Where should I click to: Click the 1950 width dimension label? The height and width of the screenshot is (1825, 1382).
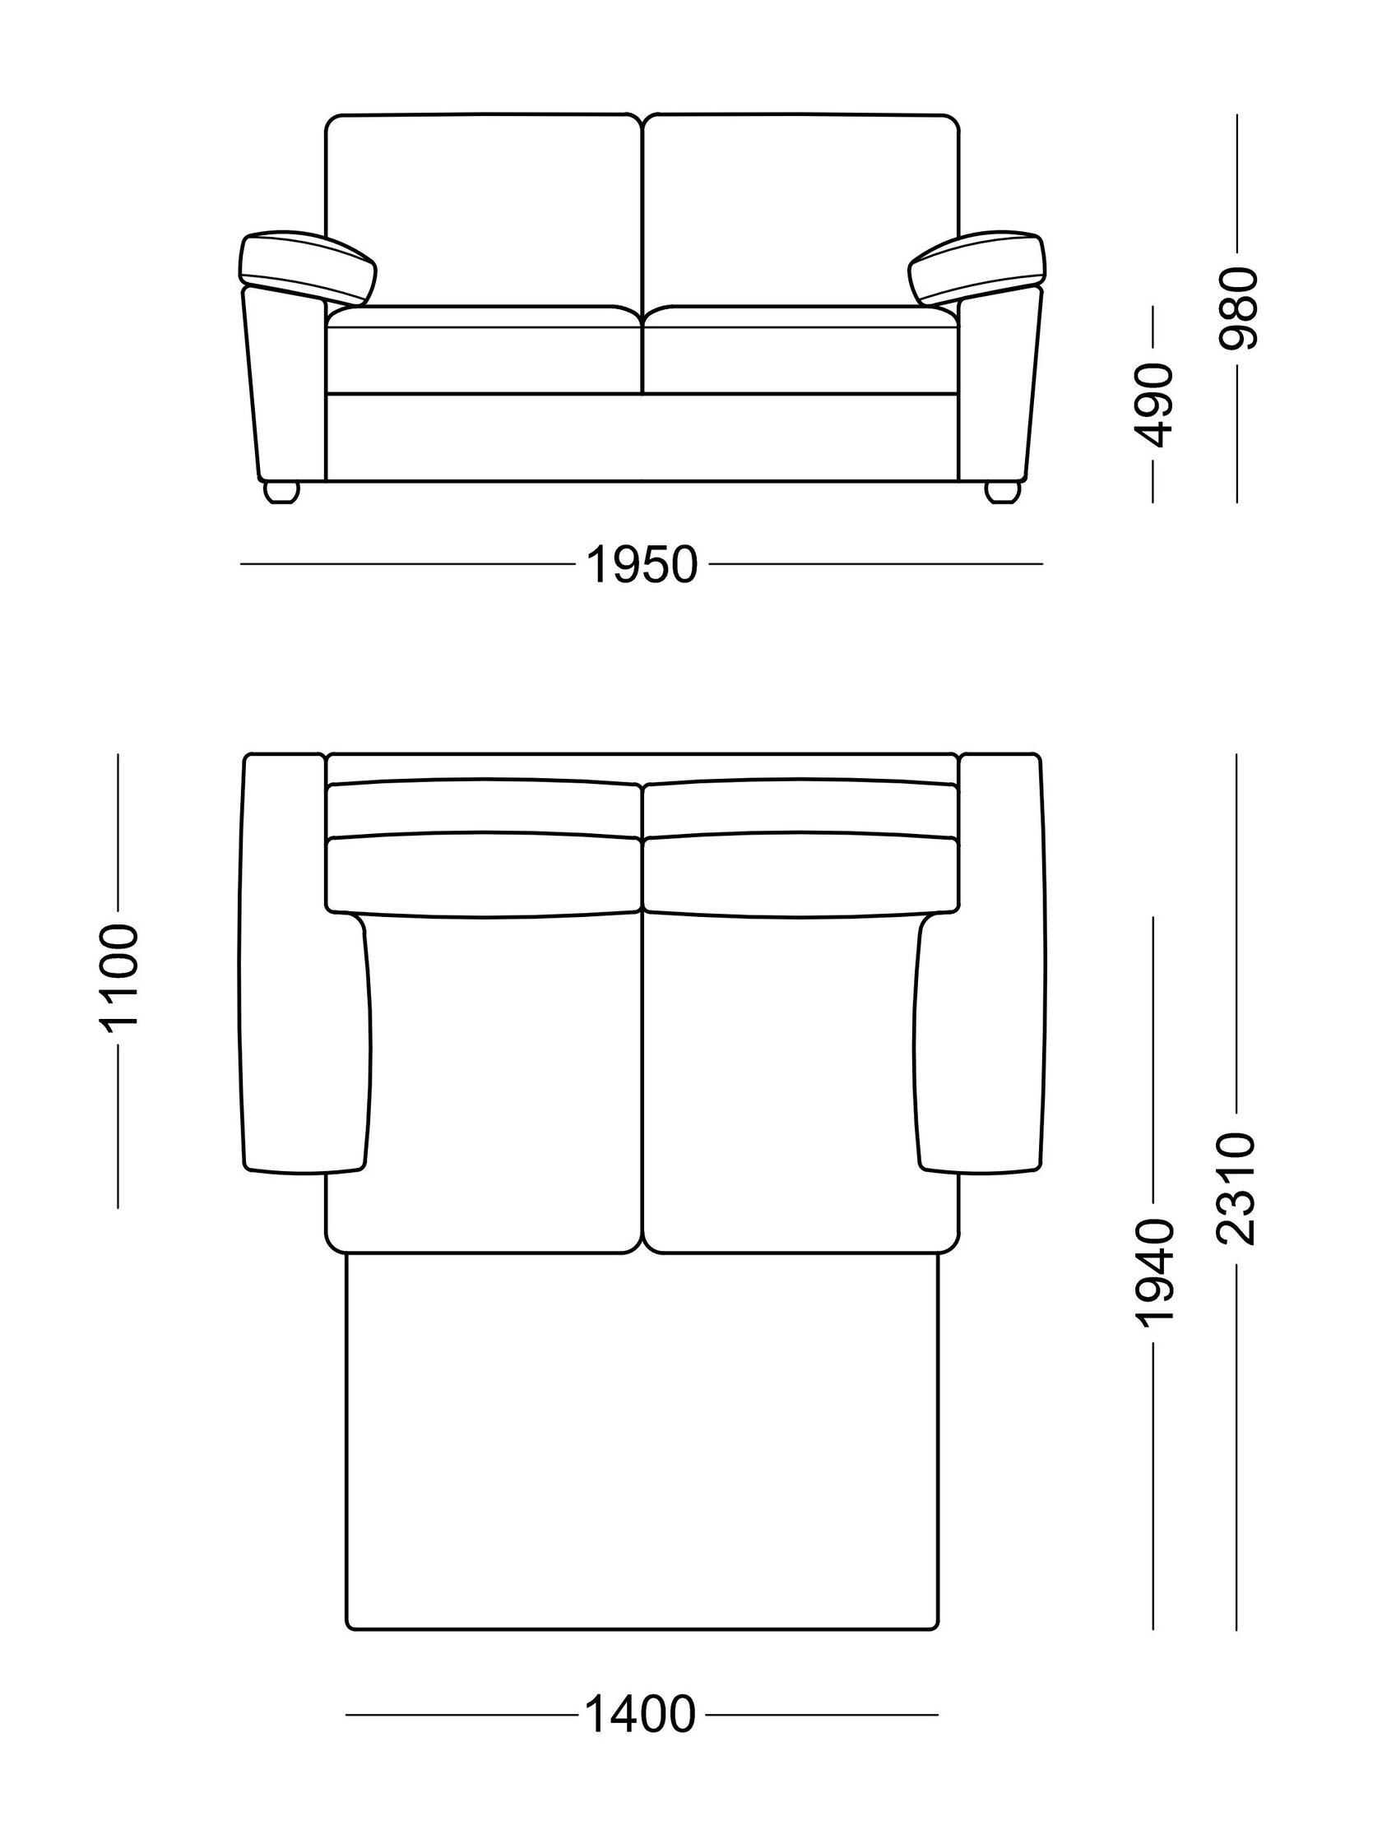(x=642, y=566)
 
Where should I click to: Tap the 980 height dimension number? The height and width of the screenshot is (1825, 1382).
(x=1239, y=308)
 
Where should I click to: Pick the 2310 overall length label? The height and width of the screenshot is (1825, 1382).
(x=1237, y=1188)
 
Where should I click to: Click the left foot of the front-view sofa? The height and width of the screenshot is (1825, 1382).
(x=281, y=492)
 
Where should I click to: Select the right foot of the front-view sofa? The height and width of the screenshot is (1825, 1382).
(x=1004, y=492)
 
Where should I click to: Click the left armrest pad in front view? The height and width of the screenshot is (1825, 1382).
(x=308, y=266)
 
